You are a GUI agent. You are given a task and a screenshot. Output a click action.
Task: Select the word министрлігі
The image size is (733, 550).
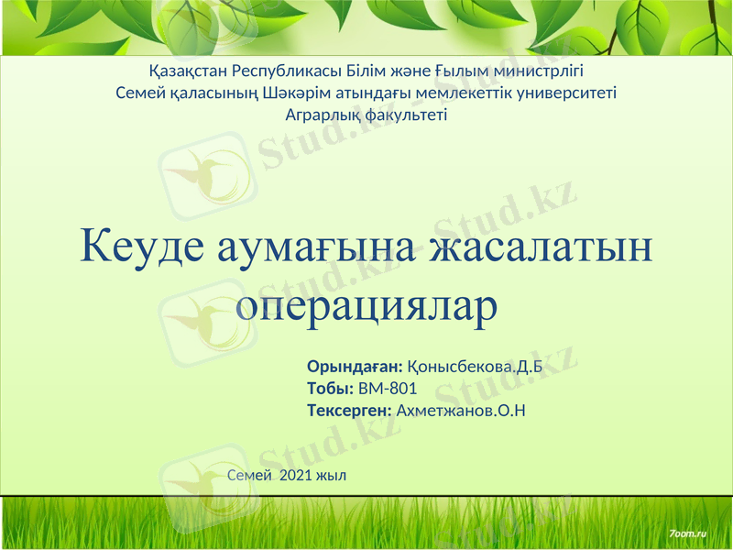pos(532,70)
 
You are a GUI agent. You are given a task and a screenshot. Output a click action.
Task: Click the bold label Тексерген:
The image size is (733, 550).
pos(349,411)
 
